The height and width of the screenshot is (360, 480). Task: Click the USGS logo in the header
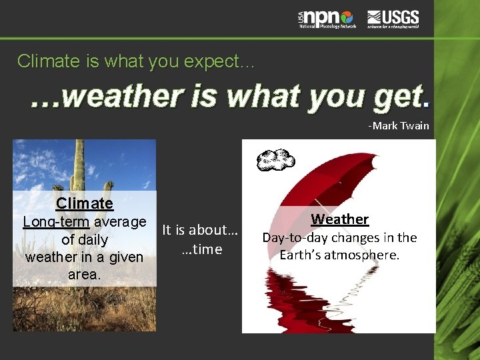click(393, 19)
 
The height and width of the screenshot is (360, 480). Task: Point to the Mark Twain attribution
click(399, 125)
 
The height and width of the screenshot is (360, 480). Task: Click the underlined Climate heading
click(85, 203)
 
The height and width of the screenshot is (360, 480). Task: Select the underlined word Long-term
click(56, 221)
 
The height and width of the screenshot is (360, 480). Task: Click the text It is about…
click(200, 230)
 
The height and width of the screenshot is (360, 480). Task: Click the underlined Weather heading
click(339, 219)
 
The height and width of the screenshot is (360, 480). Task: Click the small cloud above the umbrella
click(276, 160)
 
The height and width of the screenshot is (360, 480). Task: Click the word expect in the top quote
click(207, 61)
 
